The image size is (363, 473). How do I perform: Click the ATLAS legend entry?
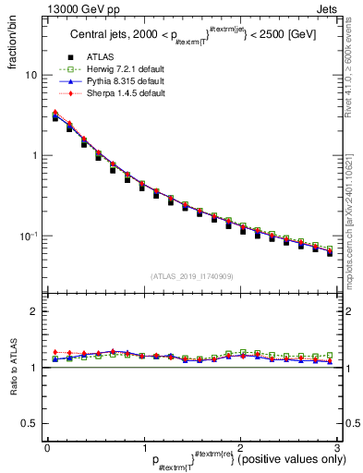click(102, 58)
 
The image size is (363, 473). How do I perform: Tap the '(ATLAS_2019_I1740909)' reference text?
click(192, 276)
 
